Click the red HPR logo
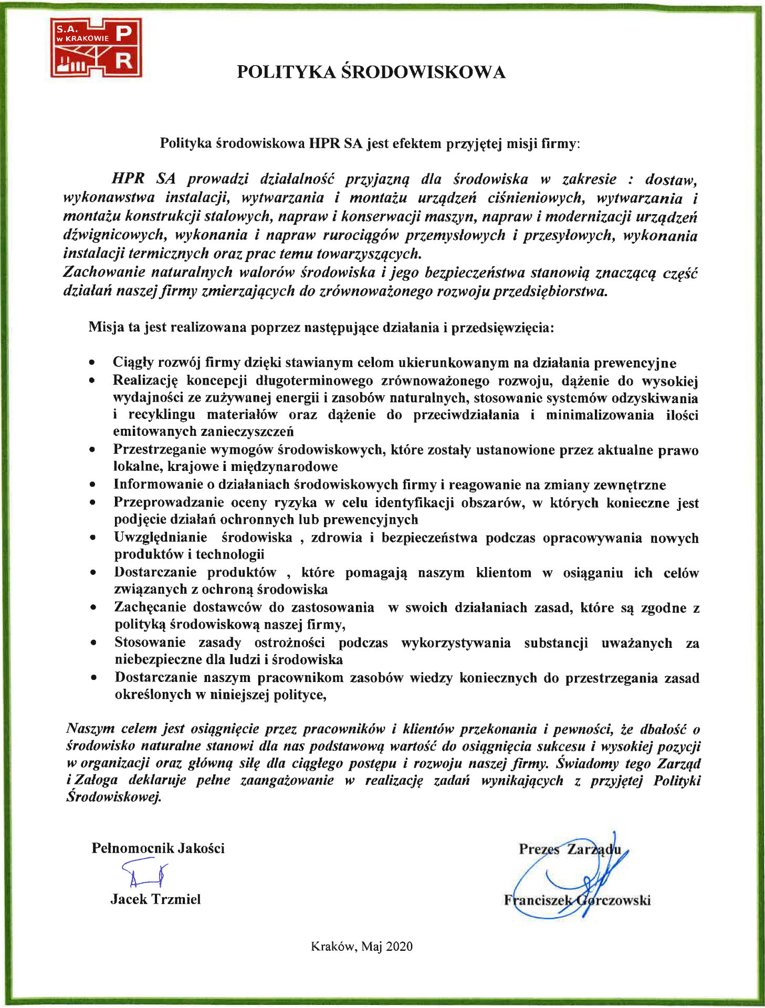(x=96, y=48)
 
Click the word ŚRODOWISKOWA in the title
(x=423, y=72)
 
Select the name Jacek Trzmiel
(x=155, y=899)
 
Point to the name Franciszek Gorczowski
(x=577, y=900)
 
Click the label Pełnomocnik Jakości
(x=158, y=848)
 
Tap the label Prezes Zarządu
(x=570, y=849)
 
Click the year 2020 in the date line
(x=399, y=946)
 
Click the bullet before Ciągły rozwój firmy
(x=92, y=363)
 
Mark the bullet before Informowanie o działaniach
(x=92, y=485)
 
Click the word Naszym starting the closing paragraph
(x=90, y=729)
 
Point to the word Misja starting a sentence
(x=107, y=327)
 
